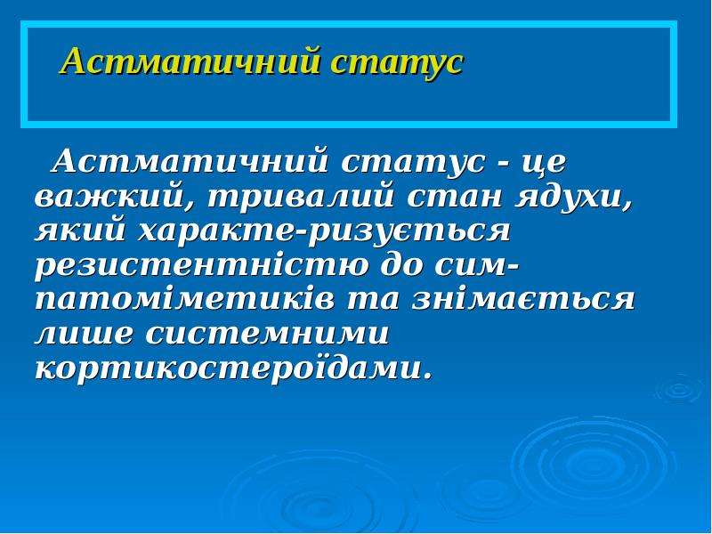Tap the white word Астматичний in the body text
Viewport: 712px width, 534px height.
point(190,162)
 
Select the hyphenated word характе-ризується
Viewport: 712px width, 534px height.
point(324,232)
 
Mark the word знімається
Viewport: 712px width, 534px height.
point(522,299)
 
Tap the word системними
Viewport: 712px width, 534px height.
point(268,335)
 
